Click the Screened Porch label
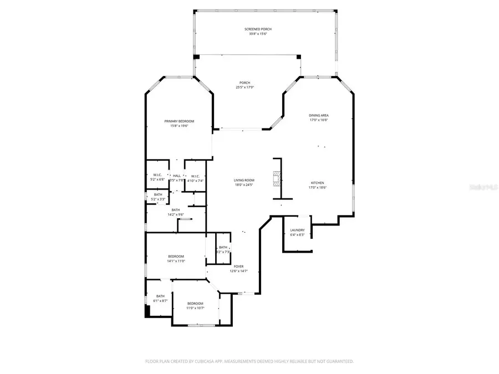(258, 29)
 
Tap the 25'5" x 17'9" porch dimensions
(245, 88)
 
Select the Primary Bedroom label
(179, 121)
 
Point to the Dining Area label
(319, 115)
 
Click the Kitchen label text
(317, 182)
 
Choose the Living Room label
(244, 180)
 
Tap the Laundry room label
(297, 230)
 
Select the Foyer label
(238, 267)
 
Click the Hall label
(176, 176)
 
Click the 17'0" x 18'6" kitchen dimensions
(317, 187)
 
